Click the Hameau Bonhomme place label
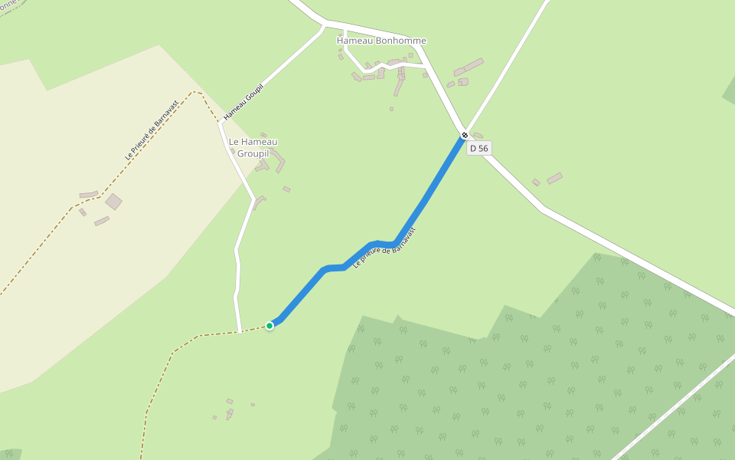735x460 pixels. (381, 41)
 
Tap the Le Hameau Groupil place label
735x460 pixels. (253, 146)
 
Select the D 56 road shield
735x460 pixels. (479, 148)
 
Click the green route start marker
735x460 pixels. (269, 326)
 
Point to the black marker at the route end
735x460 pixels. (464, 136)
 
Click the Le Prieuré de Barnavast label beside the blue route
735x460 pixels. (385, 248)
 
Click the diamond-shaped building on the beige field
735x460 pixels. (113, 202)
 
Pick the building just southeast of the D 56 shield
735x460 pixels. (554, 178)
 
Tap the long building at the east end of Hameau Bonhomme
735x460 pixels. (473, 65)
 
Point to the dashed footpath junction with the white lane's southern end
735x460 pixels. (240, 331)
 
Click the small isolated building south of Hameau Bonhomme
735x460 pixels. (391, 109)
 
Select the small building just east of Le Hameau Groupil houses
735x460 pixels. (286, 189)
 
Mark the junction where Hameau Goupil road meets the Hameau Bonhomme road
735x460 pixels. (324, 27)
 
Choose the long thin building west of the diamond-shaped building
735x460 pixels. (89, 195)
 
